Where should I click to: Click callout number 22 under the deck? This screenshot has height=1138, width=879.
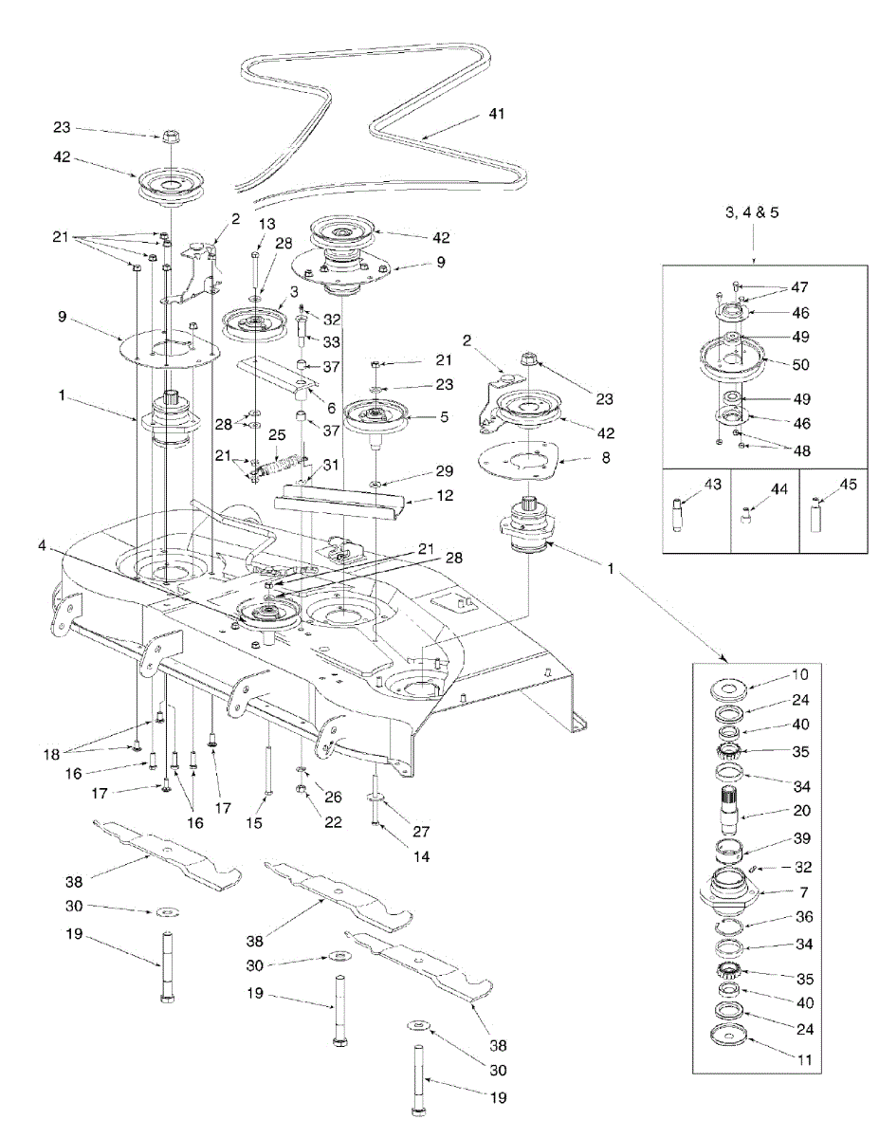click(333, 822)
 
